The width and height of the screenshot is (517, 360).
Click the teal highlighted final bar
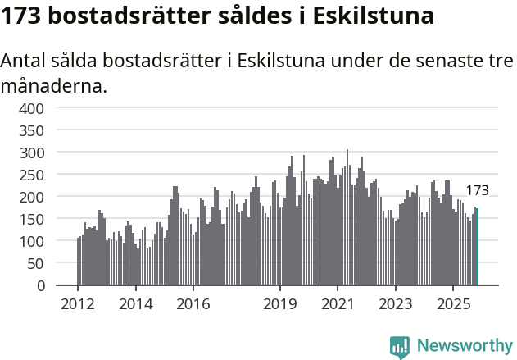[477, 247]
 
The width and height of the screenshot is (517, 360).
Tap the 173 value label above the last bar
[477, 190]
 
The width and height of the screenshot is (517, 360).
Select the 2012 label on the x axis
[78, 303]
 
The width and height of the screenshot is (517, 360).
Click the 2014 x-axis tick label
[136, 303]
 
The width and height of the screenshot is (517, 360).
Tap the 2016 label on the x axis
[193, 303]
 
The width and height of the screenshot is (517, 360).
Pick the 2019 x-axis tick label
[280, 303]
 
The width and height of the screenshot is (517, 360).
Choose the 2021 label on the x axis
[338, 303]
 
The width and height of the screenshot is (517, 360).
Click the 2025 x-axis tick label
[453, 303]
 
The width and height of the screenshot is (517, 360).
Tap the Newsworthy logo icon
[400, 347]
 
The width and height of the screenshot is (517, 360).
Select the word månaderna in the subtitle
[54, 85]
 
